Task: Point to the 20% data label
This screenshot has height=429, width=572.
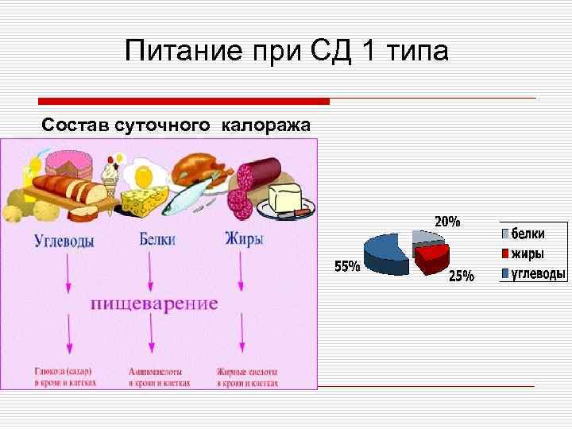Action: point(446,222)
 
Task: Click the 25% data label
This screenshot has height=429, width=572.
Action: point(462,276)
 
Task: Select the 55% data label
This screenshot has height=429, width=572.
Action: point(346,267)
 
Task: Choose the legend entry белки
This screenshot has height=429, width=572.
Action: point(528,234)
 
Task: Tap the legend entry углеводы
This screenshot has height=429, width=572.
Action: point(537,275)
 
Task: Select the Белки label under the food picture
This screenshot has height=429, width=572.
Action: point(157,239)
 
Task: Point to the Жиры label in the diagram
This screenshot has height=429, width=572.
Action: point(244,239)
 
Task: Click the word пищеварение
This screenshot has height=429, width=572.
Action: point(154,303)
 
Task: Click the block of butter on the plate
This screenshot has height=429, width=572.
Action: point(284,196)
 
